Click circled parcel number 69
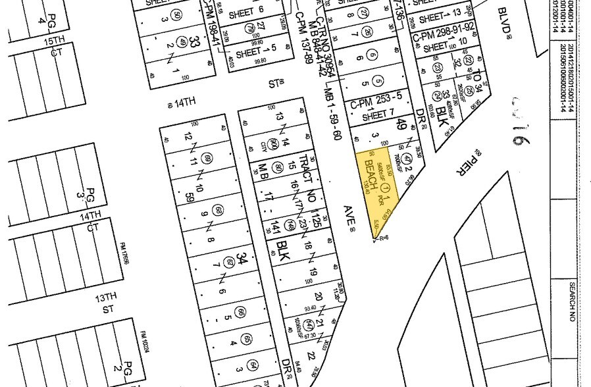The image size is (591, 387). pyautogui.click(x=209, y=158)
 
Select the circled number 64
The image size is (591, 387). pyautogui.click(x=253, y=365)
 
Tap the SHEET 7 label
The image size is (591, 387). pyautogui.click(x=375, y=116)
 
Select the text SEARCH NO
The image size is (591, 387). pyautogui.click(x=572, y=306)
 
